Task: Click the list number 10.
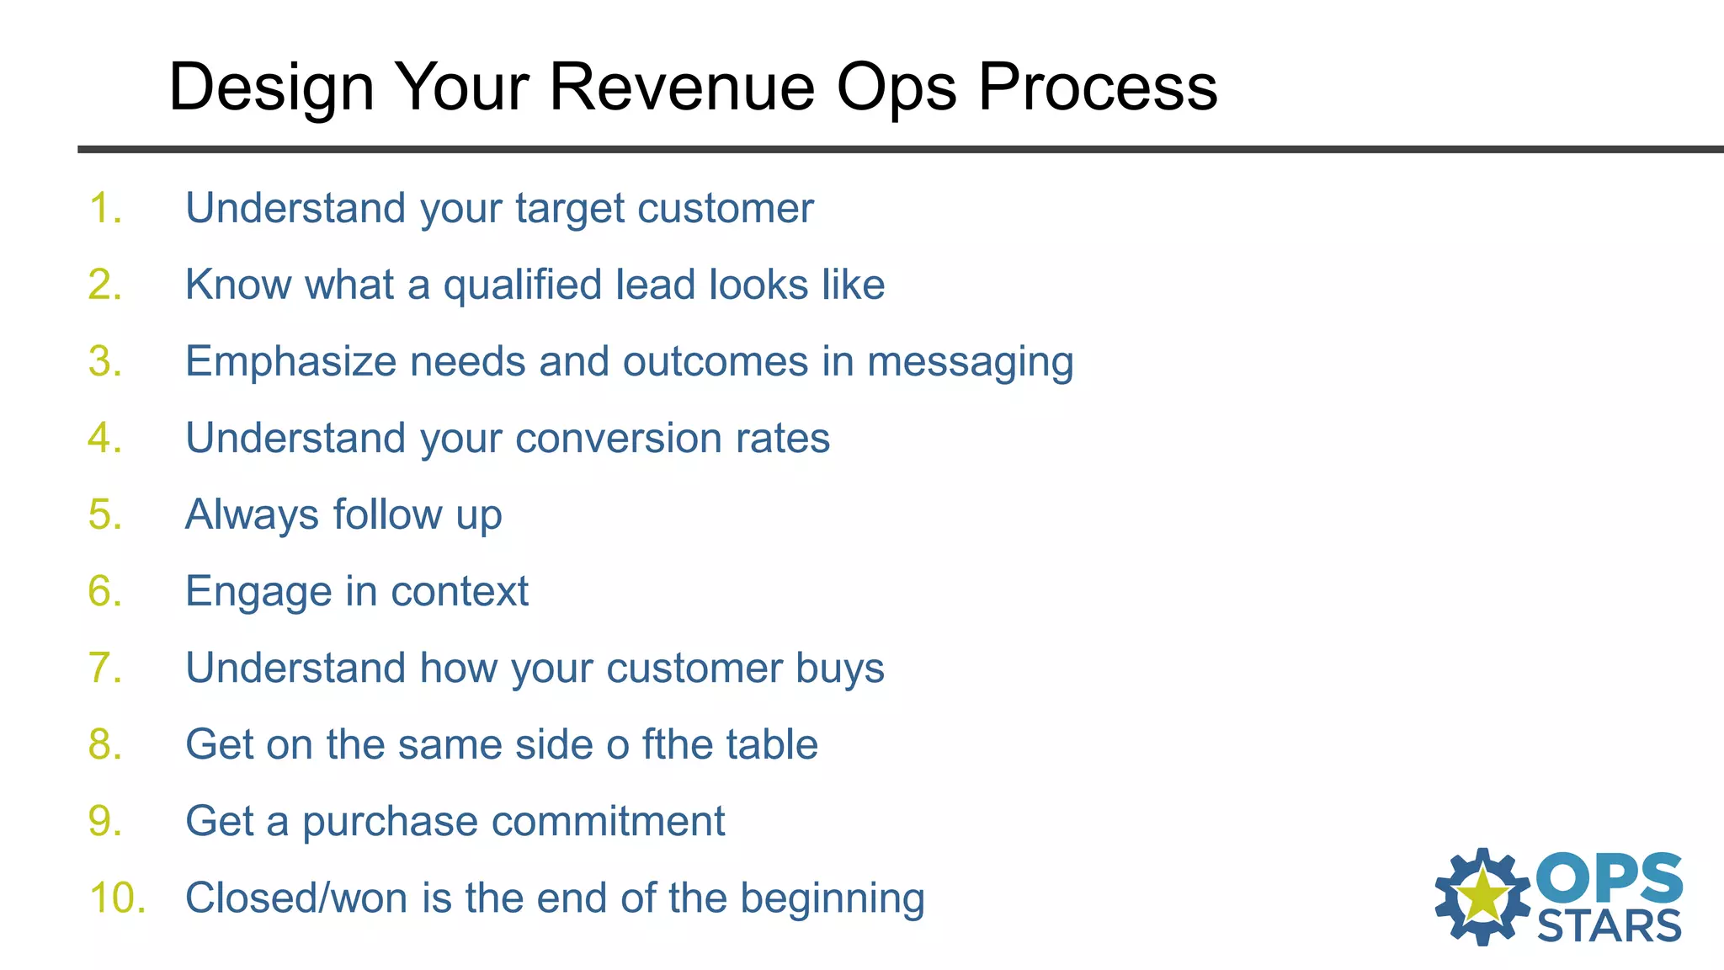click(117, 898)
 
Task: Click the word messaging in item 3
click(970, 362)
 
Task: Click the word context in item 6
click(460, 591)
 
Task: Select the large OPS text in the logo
click(1609, 878)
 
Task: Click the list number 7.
click(104, 668)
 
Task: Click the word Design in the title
click(271, 87)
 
